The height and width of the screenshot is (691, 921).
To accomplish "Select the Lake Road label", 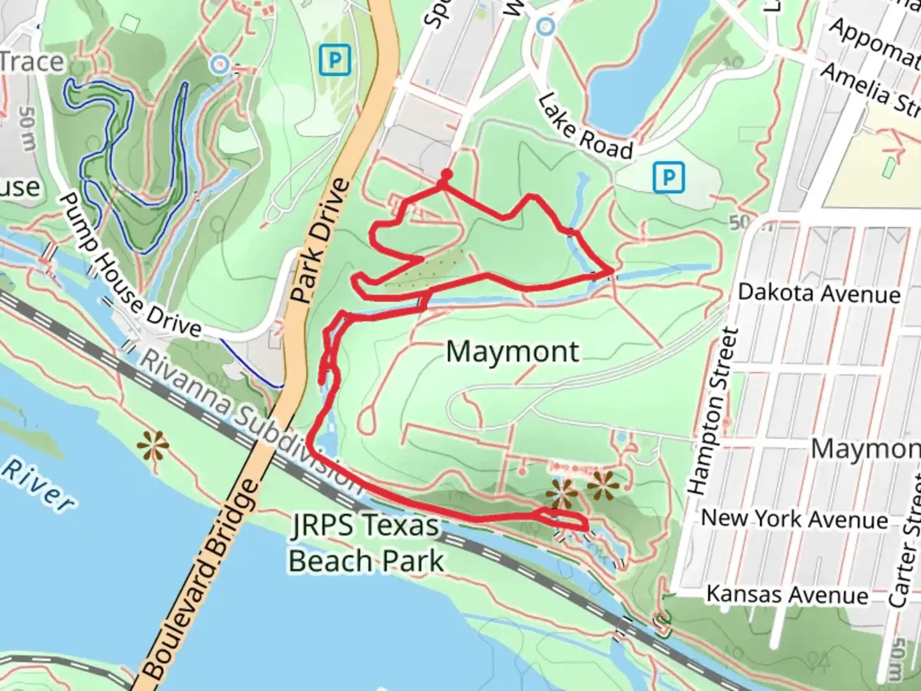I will (x=585, y=127).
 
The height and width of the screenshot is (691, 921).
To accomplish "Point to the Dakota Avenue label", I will (x=819, y=293).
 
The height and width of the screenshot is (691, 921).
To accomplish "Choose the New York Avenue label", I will (x=794, y=518).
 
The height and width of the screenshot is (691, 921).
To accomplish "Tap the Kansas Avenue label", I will (x=787, y=595).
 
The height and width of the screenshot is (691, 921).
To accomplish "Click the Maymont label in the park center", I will (x=512, y=352).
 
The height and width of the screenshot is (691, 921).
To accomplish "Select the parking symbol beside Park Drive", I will (x=335, y=61).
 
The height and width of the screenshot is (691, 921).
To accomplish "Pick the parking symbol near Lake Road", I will (x=669, y=176).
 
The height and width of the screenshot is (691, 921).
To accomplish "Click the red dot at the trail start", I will (x=446, y=174).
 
